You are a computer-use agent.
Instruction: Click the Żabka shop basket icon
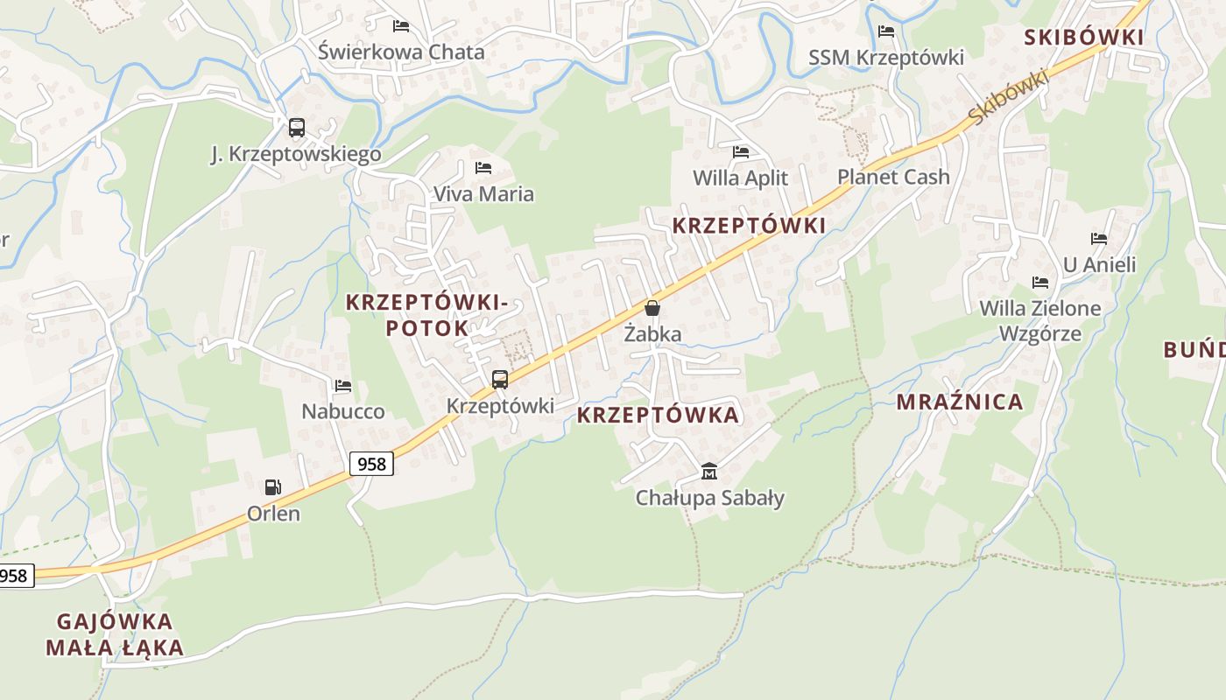652,308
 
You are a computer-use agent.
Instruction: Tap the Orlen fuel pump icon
273,486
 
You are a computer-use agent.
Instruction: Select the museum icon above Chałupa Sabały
709,472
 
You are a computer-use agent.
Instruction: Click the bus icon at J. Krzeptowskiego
297,128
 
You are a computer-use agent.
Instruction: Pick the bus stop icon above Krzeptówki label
500,380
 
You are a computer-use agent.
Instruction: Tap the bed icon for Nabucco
343,385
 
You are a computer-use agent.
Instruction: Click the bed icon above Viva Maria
483,167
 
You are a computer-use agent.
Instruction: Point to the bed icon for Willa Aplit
741,151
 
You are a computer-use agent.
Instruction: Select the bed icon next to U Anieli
1099,238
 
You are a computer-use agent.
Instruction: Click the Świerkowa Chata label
401,52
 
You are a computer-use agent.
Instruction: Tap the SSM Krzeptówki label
885,58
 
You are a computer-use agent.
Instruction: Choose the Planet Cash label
893,177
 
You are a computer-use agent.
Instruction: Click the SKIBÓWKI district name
1083,37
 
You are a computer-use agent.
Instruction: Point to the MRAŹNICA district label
959,402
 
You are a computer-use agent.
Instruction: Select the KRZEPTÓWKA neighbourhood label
658,415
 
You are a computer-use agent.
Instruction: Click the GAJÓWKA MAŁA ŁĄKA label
115,634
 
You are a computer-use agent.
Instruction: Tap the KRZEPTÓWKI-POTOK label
426,315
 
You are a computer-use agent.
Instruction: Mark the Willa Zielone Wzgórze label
1040,320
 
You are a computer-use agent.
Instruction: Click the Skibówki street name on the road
1009,97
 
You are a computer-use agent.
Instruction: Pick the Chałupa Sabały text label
709,498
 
